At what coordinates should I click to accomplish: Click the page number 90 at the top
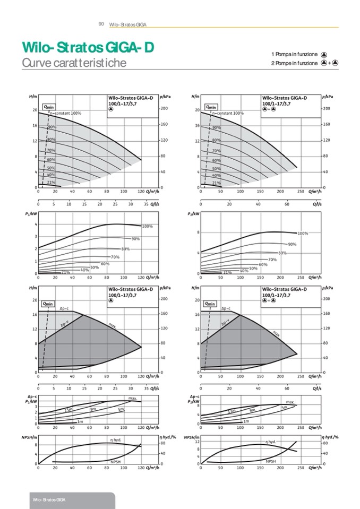tap(100, 24)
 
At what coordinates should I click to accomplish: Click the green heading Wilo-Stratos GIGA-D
tap(88, 48)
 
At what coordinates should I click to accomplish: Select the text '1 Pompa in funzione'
tap(294, 55)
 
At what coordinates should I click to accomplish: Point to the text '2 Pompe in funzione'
tap(294, 63)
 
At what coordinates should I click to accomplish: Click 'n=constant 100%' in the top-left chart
tap(66, 113)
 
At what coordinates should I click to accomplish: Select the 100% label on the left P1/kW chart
tap(147, 227)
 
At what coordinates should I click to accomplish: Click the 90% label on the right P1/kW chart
tap(292, 244)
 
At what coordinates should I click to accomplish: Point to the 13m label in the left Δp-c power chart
tap(68, 410)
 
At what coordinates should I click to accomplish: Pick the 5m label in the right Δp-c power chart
tap(284, 407)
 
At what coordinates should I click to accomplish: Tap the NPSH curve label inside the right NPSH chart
tap(270, 461)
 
